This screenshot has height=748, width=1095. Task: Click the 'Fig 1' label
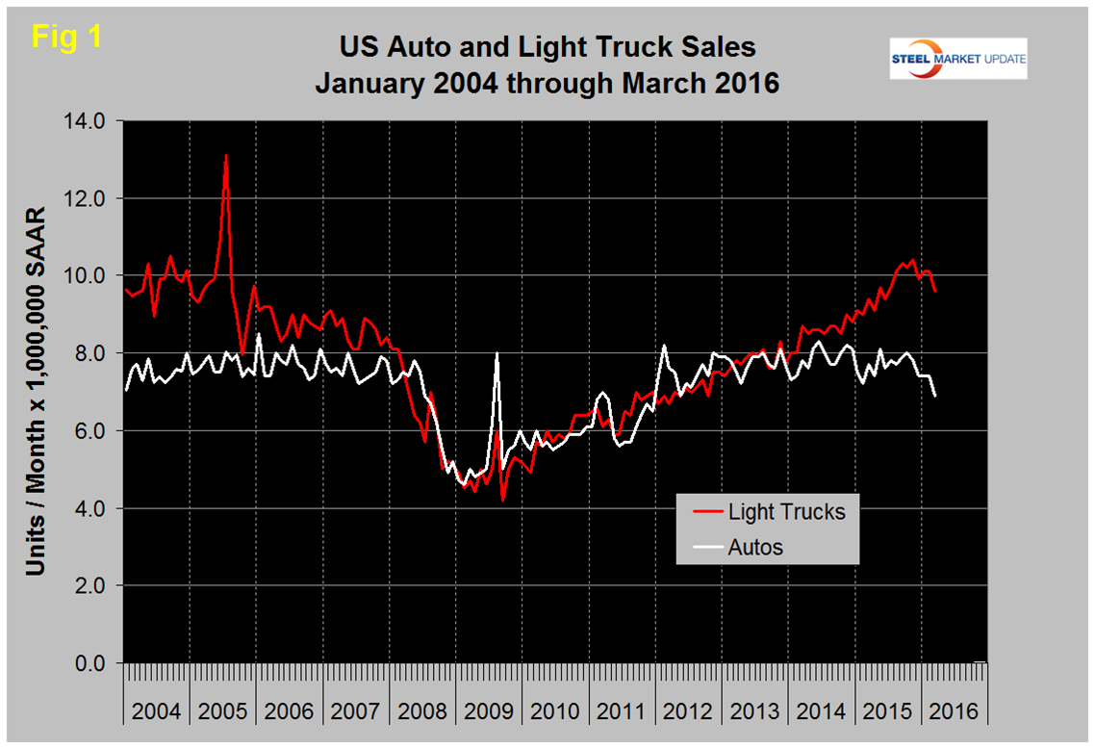(x=66, y=37)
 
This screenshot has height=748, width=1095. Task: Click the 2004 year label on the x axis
(x=156, y=711)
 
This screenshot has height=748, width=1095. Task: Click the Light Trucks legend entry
(x=785, y=512)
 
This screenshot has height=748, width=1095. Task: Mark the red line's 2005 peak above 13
(x=226, y=155)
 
